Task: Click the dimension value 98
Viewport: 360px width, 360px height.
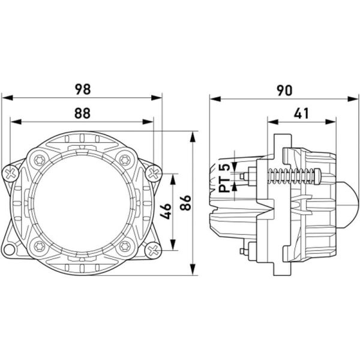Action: (83, 89)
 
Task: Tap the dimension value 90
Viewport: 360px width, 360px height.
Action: (284, 89)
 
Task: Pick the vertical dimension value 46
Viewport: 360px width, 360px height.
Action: (166, 211)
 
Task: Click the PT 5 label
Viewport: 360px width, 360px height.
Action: (224, 178)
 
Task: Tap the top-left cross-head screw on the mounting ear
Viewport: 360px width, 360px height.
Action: (12, 173)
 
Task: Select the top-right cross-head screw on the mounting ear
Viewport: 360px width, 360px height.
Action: (153, 173)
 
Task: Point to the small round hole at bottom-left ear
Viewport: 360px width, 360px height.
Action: (10, 250)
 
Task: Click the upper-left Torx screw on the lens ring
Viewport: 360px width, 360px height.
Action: (40, 160)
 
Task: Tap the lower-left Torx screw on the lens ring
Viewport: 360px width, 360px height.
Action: (40, 244)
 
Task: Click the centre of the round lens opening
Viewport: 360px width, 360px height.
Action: (82, 202)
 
